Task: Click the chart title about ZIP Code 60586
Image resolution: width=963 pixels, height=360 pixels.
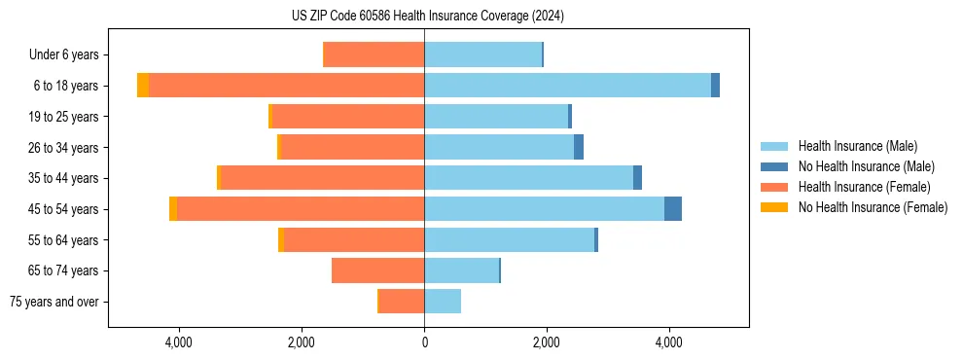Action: pyautogui.click(x=427, y=17)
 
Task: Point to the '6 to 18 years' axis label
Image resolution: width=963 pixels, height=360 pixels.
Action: pyautogui.click(x=65, y=86)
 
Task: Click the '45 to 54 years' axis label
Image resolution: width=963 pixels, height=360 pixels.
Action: pyautogui.click(x=63, y=209)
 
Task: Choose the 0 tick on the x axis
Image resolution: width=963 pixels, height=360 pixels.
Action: pyautogui.click(x=424, y=342)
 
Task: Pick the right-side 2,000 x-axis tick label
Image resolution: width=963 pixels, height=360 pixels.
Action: pyautogui.click(x=547, y=342)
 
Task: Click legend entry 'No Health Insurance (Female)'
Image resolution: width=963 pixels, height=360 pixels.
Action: pyautogui.click(x=873, y=207)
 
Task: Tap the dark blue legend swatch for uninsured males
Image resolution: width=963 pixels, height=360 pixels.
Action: pyautogui.click(x=774, y=166)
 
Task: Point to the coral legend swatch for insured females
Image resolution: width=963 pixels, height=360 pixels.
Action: pyautogui.click(x=774, y=187)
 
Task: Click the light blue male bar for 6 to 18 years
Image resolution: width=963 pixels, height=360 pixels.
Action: pyautogui.click(x=567, y=86)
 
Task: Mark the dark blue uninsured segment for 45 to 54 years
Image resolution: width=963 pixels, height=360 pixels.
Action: pyautogui.click(x=673, y=209)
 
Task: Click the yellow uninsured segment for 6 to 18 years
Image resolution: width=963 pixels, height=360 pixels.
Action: pyautogui.click(x=143, y=86)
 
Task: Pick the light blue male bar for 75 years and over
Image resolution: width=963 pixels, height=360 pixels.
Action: pyautogui.click(x=443, y=302)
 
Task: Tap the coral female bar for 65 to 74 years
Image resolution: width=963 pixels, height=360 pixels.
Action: pyautogui.click(x=377, y=270)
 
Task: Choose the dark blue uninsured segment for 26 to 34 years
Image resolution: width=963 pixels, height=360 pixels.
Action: pyautogui.click(x=579, y=148)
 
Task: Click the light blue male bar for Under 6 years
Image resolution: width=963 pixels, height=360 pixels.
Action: pyautogui.click(x=482, y=55)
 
